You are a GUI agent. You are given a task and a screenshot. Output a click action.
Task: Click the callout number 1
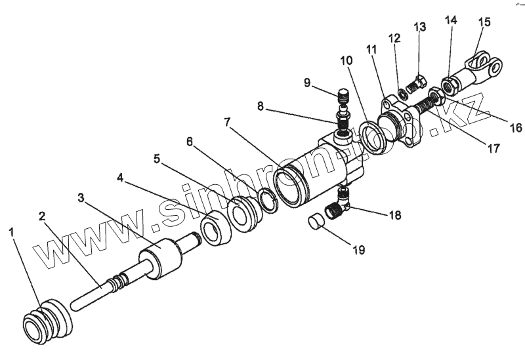pos(12,231)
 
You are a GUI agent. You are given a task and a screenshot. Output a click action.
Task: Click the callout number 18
pos(395,214)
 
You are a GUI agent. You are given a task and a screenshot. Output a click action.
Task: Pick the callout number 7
pos(227,122)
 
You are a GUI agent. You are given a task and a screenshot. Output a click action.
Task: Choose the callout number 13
pos(420,27)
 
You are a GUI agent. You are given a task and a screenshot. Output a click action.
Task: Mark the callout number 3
pos(81,197)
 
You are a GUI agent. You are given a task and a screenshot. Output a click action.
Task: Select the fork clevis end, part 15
pos(482,69)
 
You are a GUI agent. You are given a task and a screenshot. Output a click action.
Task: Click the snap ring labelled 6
pos(268,200)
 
